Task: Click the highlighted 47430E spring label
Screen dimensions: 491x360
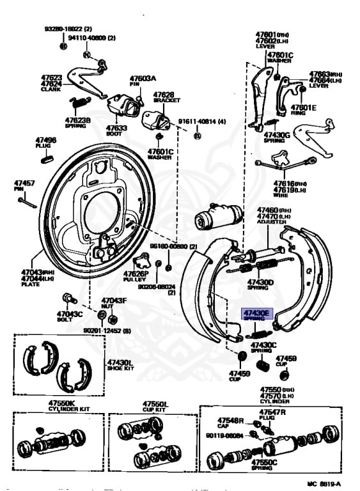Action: [256, 313]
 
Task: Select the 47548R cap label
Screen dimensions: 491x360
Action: [231, 421]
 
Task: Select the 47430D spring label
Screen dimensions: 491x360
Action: [260, 283]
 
